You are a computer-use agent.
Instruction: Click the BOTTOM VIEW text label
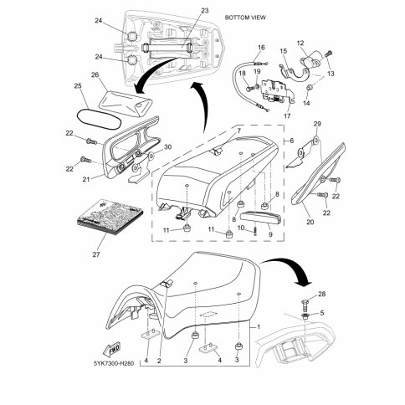[245, 18]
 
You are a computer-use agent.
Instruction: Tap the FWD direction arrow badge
[111, 349]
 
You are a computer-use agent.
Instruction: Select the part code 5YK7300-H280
[114, 364]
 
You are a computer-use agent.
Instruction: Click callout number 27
[96, 254]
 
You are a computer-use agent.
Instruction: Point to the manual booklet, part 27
[110, 217]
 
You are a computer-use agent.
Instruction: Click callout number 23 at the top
[205, 11]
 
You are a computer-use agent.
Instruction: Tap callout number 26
[95, 74]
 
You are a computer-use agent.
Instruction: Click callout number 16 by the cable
[261, 48]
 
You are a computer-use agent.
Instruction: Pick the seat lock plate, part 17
[277, 93]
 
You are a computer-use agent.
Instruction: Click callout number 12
[300, 44]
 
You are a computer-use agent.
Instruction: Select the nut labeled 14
[309, 88]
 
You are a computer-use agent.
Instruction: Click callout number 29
[317, 124]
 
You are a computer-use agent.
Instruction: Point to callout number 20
[310, 222]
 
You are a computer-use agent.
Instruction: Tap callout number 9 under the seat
[270, 234]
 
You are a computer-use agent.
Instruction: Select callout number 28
[322, 294]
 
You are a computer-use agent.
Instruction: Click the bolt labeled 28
[305, 305]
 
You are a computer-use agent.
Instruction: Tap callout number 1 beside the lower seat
[259, 326]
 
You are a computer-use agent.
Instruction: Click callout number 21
[86, 179]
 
